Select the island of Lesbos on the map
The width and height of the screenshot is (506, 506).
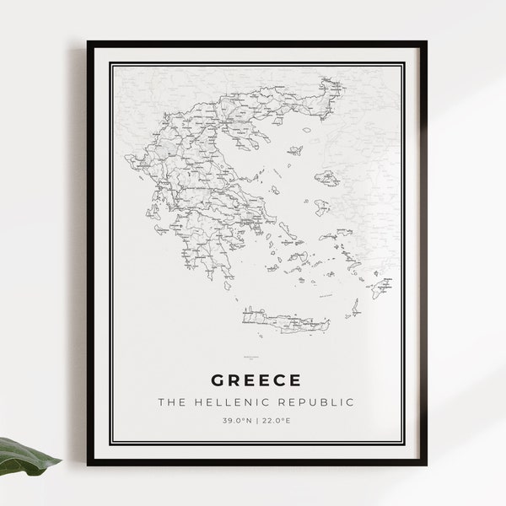tap(327, 178)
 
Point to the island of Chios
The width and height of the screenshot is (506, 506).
tap(321, 207)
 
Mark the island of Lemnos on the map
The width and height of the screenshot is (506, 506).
tap(294, 151)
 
